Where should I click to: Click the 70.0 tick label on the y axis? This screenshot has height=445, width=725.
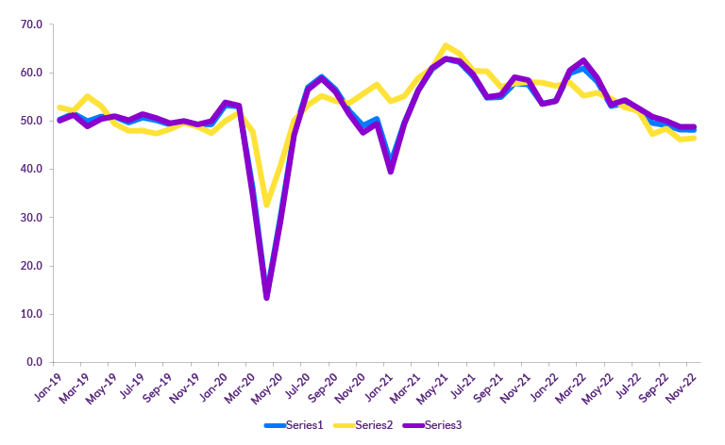tap(32, 25)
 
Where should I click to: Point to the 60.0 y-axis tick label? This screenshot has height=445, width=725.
tap(32, 73)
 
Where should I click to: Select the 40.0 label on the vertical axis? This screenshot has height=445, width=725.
tap(32, 169)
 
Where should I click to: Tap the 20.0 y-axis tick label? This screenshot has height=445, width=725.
tap(32, 266)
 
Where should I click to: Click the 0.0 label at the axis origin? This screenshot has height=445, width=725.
tap(35, 362)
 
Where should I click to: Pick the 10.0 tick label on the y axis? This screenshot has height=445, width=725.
tap(32, 314)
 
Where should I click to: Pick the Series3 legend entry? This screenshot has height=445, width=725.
tap(441, 425)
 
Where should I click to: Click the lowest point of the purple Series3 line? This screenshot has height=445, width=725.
tap(267, 297)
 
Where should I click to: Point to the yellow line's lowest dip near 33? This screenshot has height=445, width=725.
tap(267, 204)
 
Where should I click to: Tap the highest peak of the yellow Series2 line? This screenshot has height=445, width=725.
tap(446, 46)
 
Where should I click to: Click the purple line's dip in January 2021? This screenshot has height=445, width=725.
tap(391, 171)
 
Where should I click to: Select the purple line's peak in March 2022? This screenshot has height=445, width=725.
tap(583, 62)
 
